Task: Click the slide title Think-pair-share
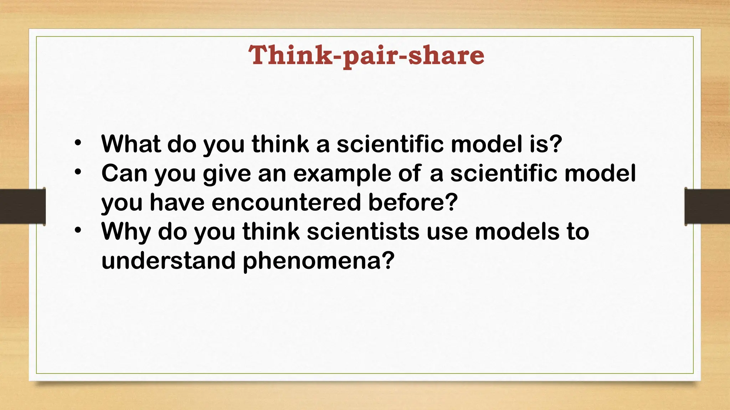[x=366, y=56]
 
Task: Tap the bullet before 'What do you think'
[x=78, y=143]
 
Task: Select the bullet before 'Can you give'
[x=78, y=172]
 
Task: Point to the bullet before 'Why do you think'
[x=78, y=231]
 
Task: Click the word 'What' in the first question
[x=131, y=144]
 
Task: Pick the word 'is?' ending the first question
[x=546, y=144]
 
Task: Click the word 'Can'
[x=124, y=173]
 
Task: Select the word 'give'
[x=227, y=174]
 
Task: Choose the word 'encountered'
[x=287, y=203]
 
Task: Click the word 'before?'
[x=413, y=203]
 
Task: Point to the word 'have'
[x=177, y=203]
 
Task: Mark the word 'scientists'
[x=363, y=232]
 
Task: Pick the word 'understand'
[x=168, y=261]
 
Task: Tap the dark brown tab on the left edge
[x=22, y=206]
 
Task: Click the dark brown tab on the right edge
[x=707, y=206]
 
